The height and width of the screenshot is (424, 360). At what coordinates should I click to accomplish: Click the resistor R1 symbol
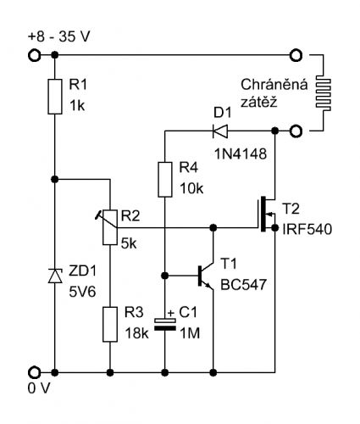point(55,97)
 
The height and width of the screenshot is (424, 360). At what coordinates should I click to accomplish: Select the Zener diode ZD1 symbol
point(55,276)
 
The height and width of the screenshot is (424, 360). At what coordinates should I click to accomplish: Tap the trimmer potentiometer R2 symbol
point(109,227)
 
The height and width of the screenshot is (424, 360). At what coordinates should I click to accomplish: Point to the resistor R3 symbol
point(110,324)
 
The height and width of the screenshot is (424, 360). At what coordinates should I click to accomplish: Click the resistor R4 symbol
point(165,180)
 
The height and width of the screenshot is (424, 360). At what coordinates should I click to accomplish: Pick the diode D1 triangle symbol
point(220,131)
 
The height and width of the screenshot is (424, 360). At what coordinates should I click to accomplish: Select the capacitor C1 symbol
point(165,324)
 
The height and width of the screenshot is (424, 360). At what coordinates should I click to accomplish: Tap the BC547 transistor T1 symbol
point(206,276)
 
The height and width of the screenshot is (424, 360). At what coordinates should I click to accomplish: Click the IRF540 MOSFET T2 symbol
point(267,214)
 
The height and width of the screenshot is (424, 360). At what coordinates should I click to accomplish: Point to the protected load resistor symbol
point(324,93)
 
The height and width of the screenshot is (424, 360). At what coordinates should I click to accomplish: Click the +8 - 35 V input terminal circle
point(35,55)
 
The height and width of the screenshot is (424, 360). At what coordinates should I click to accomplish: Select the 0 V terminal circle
point(35,372)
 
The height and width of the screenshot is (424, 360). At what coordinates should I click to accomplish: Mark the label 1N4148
point(241,154)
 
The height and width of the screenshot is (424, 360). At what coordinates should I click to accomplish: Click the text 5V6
point(82,292)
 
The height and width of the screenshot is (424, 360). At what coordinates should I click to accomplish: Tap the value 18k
point(136,333)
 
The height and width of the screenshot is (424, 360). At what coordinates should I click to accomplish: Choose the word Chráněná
point(274,84)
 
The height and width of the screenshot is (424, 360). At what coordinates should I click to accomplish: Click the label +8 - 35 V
point(58,36)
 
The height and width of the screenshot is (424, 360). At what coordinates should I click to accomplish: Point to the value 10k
point(191,188)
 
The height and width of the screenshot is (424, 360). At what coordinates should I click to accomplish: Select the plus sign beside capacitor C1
point(171,313)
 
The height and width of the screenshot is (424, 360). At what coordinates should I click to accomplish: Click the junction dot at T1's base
point(165,276)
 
